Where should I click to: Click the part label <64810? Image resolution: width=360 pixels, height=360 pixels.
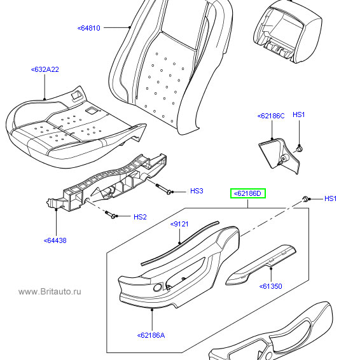click(89, 28)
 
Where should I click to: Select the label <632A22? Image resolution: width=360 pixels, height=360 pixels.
click(45, 69)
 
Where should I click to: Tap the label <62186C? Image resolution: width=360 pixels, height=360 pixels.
click(271, 116)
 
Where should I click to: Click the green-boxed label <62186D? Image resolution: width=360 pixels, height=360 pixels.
click(248, 193)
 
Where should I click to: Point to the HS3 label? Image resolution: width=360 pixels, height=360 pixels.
click(197, 191)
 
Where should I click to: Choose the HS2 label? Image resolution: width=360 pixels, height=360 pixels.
click(140, 217)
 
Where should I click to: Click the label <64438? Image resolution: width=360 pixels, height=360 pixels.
click(55, 240)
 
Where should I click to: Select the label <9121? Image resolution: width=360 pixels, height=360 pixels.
click(179, 224)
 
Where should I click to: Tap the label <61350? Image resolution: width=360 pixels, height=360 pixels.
click(271, 286)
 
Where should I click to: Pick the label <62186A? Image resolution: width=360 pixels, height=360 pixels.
click(151, 335)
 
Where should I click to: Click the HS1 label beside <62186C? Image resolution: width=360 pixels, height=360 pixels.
click(299, 114)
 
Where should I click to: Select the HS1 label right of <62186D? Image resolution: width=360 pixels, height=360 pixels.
click(330, 198)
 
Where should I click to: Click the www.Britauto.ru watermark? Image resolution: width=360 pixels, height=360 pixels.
click(50, 291)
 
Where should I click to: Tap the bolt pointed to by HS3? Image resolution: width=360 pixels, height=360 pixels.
click(163, 189)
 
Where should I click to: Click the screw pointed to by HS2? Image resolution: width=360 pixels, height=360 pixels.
click(110, 214)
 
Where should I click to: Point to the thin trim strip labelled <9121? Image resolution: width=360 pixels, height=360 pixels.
click(180, 244)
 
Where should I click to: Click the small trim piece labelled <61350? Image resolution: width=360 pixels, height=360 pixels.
click(261, 265)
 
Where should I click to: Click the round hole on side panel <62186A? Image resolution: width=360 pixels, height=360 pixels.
click(158, 287)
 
